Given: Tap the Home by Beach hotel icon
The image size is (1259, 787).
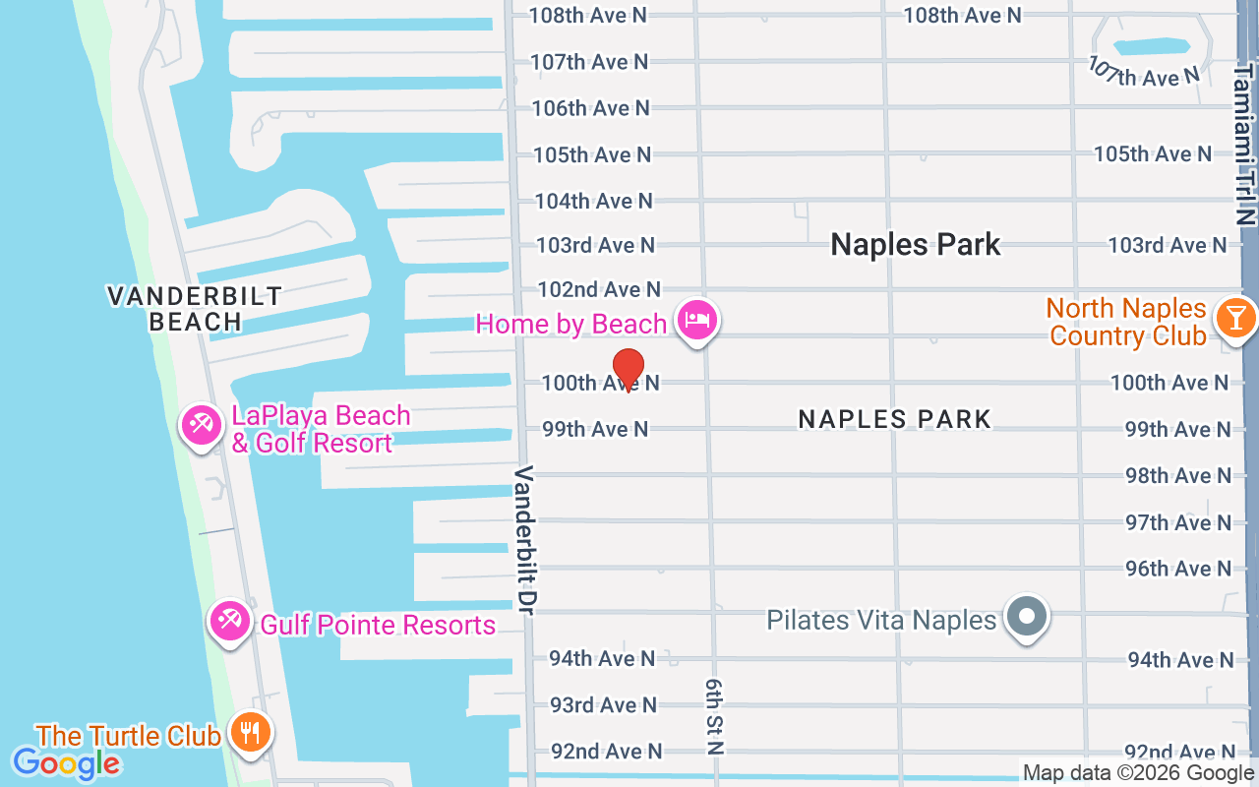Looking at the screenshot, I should [x=697, y=320].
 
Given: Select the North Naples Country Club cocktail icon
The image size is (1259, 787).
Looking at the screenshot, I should [x=1234, y=318].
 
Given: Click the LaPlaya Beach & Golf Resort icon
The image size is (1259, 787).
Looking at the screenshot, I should [x=202, y=426].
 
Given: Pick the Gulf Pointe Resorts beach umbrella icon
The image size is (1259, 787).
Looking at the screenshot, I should [x=229, y=622].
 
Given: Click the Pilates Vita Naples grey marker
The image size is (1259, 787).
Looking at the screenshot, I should [x=1028, y=618].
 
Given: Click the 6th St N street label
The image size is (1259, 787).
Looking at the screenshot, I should [x=714, y=715].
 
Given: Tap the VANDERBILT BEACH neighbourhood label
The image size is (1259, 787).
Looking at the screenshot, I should [x=194, y=309].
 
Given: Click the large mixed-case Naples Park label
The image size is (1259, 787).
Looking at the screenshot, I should [x=916, y=245].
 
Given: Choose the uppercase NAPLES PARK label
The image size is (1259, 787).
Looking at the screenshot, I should [x=894, y=419].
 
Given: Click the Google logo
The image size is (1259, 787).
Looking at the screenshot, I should [x=66, y=763].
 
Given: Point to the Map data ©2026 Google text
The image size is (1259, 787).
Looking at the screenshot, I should [x=1138, y=773].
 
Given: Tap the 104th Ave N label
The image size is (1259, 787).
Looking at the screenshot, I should [x=593, y=201].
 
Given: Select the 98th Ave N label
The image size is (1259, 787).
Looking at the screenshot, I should [x=1177, y=476].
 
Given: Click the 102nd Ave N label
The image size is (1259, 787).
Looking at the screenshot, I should [x=599, y=289].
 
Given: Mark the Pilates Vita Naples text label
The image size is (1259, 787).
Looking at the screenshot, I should [x=881, y=621].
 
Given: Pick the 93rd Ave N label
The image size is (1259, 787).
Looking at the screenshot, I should [x=603, y=705].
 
